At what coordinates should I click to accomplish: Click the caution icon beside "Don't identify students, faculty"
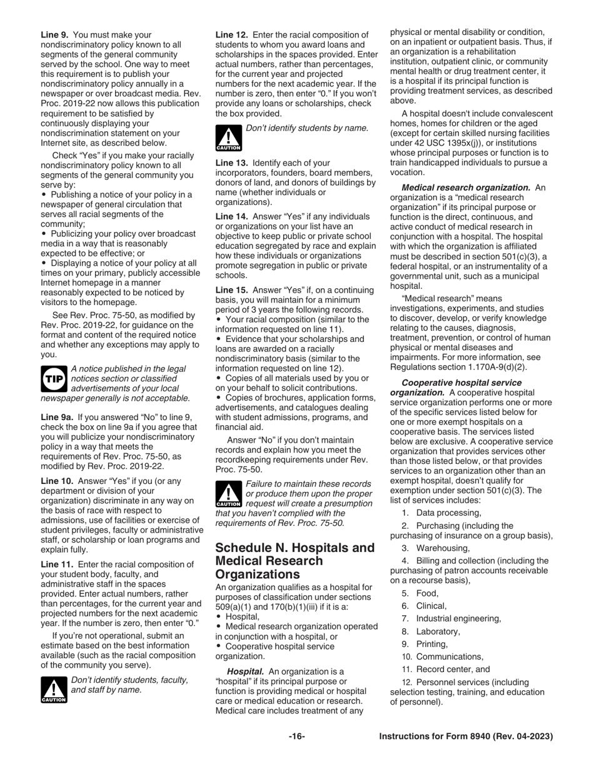point(54,689)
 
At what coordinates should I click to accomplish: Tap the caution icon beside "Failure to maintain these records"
point(228,494)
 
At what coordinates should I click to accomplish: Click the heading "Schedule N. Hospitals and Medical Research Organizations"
point(294,560)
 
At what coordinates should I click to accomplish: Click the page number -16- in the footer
point(296,736)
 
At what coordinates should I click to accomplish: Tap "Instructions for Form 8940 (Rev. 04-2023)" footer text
point(466,736)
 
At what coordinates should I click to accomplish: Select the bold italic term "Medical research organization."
point(466,188)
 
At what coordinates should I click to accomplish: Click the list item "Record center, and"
point(453,669)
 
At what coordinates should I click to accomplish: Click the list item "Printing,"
point(432,644)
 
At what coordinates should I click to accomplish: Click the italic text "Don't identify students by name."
point(307,128)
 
